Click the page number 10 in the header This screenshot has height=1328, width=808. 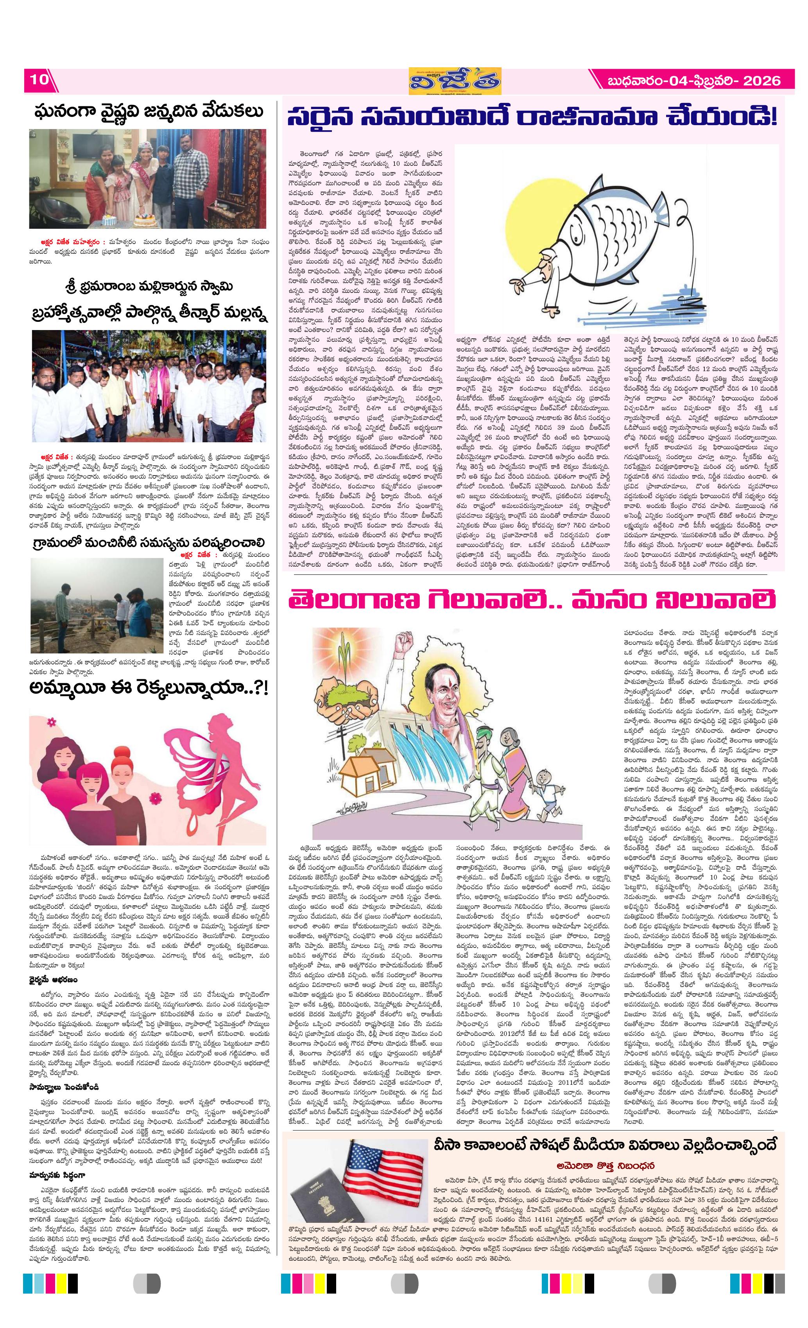pos(38,79)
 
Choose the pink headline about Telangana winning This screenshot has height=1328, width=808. pos(531,601)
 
